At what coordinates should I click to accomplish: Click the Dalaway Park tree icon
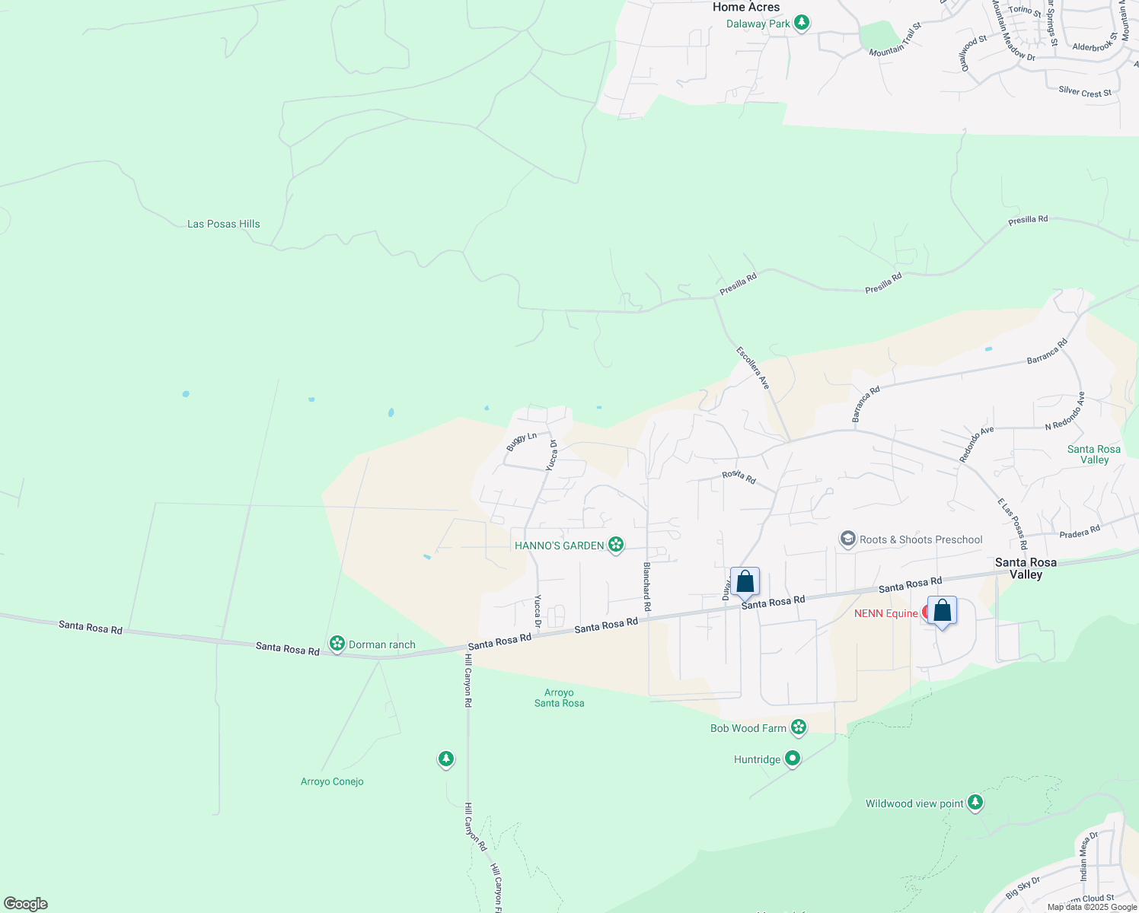[x=801, y=23]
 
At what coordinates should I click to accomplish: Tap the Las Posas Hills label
[x=224, y=224]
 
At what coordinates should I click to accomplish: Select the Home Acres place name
[x=745, y=7]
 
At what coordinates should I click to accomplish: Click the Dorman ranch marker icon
[x=337, y=644]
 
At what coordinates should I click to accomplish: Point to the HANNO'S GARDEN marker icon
[x=616, y=545]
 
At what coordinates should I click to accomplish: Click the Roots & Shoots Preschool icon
[x=847, y=539]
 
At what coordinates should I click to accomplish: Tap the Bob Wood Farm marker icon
[x=798, y=727]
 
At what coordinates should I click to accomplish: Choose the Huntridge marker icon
[x=793, y=759]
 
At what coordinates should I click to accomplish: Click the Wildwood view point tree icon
[x=975, y=803]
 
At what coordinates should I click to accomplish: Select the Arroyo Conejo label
[x=332, y=781]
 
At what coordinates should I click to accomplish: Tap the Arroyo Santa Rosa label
[x=559, y=698]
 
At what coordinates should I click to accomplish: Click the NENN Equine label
[x=886, y=613]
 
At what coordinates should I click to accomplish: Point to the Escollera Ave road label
[x=753, y=368]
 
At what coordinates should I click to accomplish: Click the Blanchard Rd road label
[x=647, y=587]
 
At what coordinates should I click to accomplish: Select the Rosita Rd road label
[x=739, y=477]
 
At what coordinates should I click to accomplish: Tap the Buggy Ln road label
[x=522, y=440]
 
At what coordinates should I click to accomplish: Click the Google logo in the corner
[x=25, y=904]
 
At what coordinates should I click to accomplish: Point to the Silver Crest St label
[x=1084, y=91]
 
